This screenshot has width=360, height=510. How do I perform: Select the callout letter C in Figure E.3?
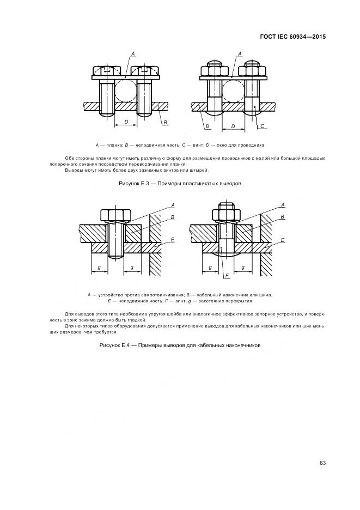coord(262,126)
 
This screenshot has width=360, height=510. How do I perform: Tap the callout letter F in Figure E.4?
coord(226,276)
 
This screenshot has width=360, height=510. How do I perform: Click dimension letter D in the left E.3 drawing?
coord(126,122)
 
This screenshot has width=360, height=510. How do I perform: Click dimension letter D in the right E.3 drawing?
coord(233,126)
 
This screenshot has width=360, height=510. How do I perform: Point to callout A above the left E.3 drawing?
coord(133,53)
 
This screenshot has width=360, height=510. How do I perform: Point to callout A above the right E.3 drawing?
coord(240,53)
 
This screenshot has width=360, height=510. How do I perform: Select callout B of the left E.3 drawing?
coord(164,123)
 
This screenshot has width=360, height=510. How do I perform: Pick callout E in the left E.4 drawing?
coord(172,240)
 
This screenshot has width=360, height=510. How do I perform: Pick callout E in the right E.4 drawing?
coord(282,240)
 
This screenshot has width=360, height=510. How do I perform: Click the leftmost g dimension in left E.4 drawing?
coord(99,267)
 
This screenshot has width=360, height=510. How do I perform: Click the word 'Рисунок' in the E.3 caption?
coord(129,184)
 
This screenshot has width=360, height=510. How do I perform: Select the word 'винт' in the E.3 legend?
coord(193,145)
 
